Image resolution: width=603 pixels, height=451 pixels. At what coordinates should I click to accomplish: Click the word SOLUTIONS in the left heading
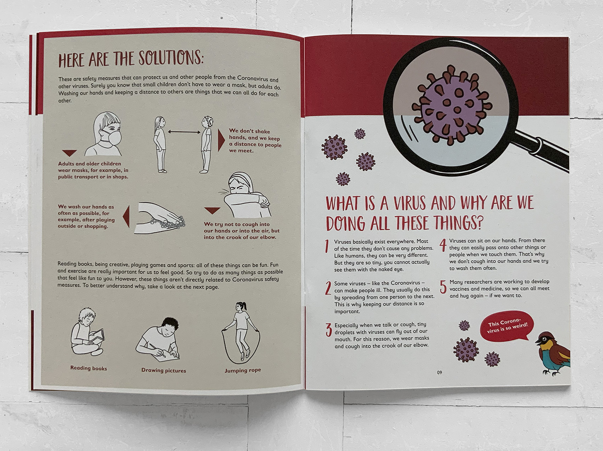(x=171, y=57)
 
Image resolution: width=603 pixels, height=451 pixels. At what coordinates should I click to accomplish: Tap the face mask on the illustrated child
(x=113, y=137)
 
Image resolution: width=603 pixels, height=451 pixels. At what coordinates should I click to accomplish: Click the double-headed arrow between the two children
(x=184, y=132)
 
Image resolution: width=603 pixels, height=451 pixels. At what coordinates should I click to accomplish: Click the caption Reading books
(x=88, y=368)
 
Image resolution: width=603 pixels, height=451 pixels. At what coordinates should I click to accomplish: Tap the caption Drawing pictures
(x=164, y=370)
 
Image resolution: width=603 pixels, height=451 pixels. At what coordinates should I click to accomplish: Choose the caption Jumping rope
(x=242, y=370)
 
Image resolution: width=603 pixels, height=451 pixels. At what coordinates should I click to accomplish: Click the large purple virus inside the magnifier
(x=451, y=105)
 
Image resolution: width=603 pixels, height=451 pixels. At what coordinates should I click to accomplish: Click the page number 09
(x=439, y=373)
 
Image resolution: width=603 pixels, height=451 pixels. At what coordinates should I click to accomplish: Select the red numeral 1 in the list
(x=327, y=246)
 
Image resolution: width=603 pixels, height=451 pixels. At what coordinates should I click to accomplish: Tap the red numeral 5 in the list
(x=443, y=287)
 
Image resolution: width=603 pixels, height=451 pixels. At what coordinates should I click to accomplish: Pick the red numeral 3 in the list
(x=329, y=330)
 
